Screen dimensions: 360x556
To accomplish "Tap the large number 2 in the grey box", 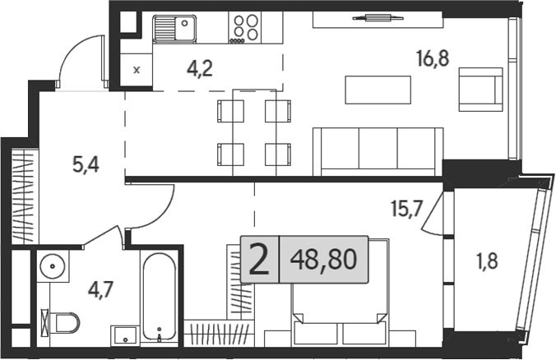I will coord(258,261).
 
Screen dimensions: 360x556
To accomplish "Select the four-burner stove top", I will coord(243,28).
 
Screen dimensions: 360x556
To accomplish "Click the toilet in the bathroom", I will coord(63,321).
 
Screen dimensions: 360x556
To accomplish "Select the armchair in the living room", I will coord(480,89).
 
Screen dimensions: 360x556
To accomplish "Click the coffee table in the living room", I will coord(378,89).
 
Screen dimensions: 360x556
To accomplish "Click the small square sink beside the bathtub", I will coord(126,334).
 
